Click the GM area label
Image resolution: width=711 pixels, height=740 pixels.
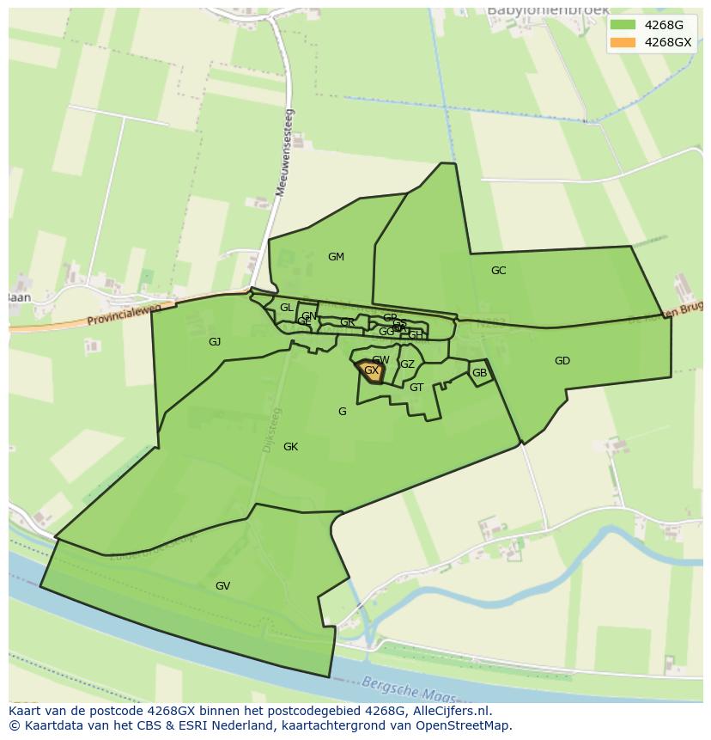pyautogui.click(x=336, y=257)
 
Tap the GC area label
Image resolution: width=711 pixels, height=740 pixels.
pyautogui.click(x=498, y=271)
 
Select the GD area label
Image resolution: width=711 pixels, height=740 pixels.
pyautogui.click(x=562, y=361)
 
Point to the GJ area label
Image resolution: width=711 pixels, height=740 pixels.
pyautogui.click(x=215, y=342)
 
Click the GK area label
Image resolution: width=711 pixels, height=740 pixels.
pyautogui.click(x=290, y=447)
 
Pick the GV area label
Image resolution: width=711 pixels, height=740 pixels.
pyautogui.click(x=222, y=586)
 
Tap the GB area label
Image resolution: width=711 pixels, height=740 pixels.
pyautogui.click(x=479, y=373)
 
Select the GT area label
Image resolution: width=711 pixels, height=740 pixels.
pyautogui.click(x=416, y=388)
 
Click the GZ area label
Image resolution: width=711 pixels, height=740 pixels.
pyautogui.click(x=407, y=364)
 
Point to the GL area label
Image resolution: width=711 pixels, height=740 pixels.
pyautogui.click(x=286, y=308)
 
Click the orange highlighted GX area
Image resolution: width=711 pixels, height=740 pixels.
pyautogui.click(x=371, y=371)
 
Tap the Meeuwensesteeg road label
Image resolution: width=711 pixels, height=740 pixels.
pyautogui.click(x=284, y=153)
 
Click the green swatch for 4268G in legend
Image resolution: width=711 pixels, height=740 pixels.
pyautogui.click(x=623, y=25)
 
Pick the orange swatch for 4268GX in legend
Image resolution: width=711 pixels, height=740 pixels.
pyautogui.click(x=623, y=42)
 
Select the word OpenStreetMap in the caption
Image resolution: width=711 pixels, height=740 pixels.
pyautogui.click(x=463, y=725)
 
